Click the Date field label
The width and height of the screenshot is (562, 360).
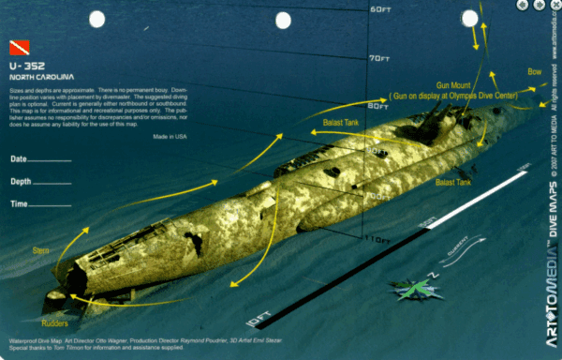tap(19, 158)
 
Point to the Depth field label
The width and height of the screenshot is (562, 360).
tap(22, 181)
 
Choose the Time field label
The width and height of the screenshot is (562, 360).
tap(20, 203)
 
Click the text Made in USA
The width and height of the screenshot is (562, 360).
tap(170, 137)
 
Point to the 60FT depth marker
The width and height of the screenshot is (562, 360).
tap(378, 10)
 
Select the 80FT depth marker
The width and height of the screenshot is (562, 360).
tap(378, 106)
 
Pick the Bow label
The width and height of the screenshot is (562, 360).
tap(535, 71)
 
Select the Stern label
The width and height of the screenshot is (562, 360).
tap(40, 250)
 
